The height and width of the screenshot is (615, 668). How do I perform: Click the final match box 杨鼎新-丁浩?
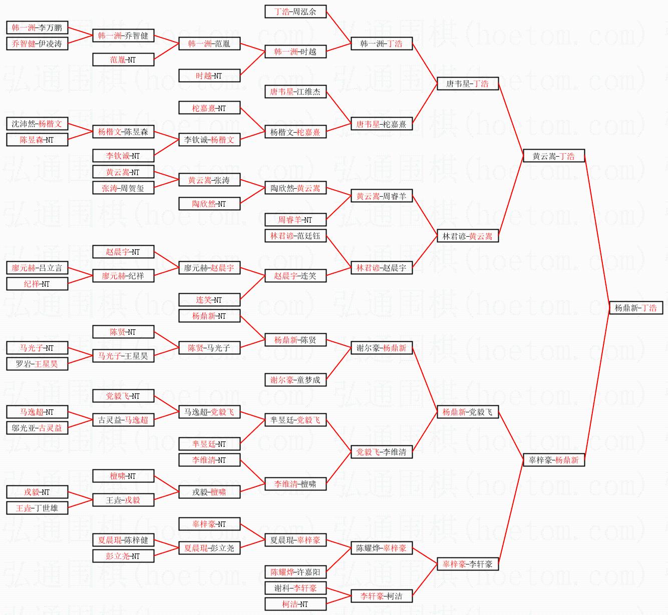coord(635,308)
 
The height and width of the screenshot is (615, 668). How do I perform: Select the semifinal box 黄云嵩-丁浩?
coord(553,156)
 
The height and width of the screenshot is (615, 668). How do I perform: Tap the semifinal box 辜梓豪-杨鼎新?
coord(553,460)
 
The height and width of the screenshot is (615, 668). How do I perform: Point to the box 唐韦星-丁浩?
coord(467,84)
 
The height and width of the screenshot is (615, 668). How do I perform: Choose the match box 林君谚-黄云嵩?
coord(467,236)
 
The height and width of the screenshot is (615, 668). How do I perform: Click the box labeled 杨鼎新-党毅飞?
coord(467,412)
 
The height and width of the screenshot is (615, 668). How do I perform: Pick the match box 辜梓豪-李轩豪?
coord(467,564)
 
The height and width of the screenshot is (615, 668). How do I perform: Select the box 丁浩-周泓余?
coord(295,12)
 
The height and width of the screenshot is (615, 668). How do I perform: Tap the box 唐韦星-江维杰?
coord(295,92)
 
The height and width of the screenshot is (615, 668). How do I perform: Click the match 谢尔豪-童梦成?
coord(295,380)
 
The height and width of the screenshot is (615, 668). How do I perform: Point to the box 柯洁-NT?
coord(295,604)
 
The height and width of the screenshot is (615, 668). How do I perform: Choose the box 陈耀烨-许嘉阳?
coord(295,572)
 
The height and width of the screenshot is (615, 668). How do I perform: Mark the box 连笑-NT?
coord(209,300)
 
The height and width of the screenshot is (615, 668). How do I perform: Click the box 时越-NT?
coord(209,76)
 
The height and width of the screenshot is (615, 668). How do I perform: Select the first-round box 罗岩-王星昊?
coord(37,364)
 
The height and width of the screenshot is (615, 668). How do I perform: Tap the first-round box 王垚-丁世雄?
coord(37,508)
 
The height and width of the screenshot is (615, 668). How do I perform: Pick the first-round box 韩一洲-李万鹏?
coord(37,28)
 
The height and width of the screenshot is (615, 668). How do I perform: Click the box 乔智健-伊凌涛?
coord(37,44)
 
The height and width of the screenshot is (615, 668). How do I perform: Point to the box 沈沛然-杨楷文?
coord(37,124)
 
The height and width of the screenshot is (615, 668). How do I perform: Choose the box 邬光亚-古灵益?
coord(37,428)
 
